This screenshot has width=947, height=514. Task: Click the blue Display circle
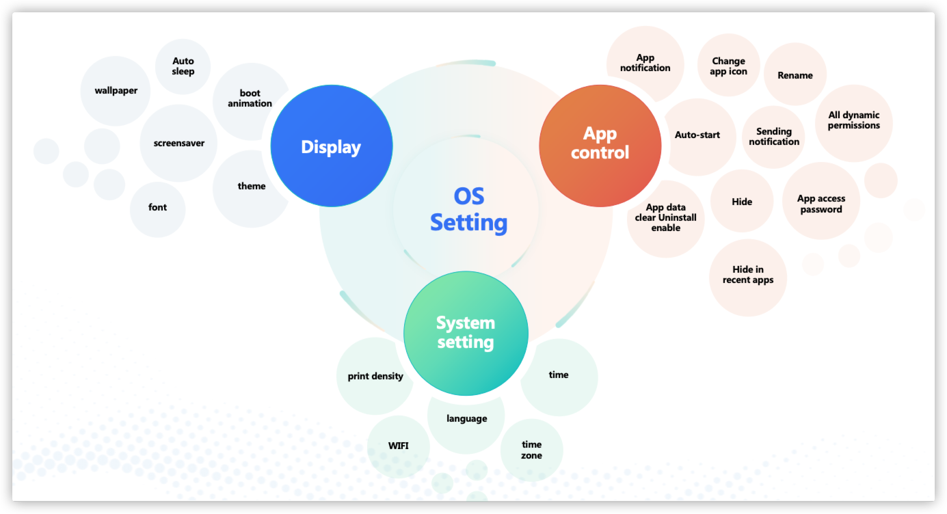click(332, 146)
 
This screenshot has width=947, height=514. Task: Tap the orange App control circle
click(600, 144)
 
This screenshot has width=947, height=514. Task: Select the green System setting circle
click(466, 333)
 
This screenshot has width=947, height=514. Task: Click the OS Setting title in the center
click(469, 209)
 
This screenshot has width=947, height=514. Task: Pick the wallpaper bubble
click(116, 91)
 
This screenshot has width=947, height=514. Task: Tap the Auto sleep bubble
click(183, 66)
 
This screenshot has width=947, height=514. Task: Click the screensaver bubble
click(179, 143)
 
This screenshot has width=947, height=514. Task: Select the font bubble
click(157, 208)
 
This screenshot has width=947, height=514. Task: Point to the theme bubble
click(252, 187)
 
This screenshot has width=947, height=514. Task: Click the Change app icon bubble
click(728, 66)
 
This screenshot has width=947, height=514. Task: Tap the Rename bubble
click(795, 75)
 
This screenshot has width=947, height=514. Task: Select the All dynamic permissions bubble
click(854, 121)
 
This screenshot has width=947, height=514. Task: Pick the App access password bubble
click(821, 204)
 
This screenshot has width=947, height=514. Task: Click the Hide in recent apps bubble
click(747, 275)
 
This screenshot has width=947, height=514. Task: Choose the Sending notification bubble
click(774, 137)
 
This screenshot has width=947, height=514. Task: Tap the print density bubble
click(375, 377)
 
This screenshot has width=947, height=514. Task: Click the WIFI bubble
click(399, 446)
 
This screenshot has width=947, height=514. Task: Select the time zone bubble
click(531, 450)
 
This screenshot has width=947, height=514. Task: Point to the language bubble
click(467, 418)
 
